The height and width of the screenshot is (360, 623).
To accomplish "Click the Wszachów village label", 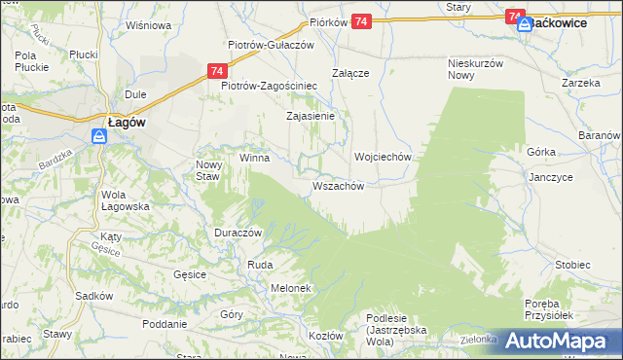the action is tap(338, 186).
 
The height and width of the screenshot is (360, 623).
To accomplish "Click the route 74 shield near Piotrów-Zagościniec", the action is tap(217, 71).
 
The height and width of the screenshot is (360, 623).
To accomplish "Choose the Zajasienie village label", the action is tap(310, 116).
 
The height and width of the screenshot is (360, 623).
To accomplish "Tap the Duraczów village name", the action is tap(239, 234).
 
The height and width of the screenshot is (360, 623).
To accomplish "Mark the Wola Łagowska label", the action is tap(125, 200).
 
